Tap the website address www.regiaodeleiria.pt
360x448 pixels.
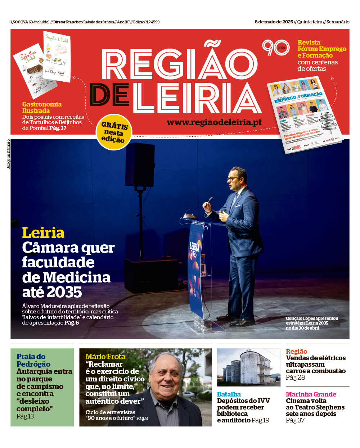(x=214, y=122)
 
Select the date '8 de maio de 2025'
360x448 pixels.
(x=274, y=22)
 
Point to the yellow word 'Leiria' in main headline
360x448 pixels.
(x=43, y=233)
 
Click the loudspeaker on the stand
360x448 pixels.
(x=140, y=164)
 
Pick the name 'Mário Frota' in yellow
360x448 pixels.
(x=105, y=357)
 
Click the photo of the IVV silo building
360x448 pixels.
(x=248, y=367)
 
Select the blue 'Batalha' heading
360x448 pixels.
(x=229, y=394)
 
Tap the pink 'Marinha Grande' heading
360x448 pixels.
(x=311, y=394)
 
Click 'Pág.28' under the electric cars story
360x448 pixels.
(x=295, y=377)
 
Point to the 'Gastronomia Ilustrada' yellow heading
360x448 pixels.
(x=42, y=108)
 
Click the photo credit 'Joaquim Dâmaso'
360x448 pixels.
(x=8, y=154)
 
